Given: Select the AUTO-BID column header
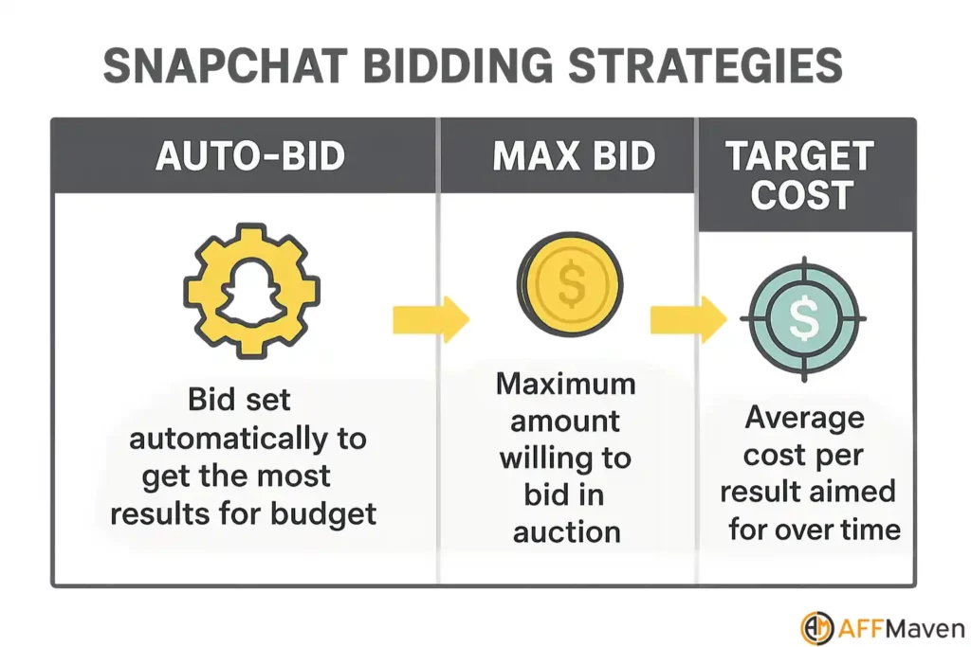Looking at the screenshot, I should (250, 156).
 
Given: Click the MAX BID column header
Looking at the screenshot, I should (574, 156).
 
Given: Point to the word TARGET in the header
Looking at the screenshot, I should (800, 156).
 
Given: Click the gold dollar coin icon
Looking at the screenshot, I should (570, 283).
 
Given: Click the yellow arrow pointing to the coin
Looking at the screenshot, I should (431, 320).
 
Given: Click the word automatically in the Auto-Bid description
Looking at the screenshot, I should (247, 438).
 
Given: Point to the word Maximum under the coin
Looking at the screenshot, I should (566, 384).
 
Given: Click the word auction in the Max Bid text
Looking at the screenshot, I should (567, 531).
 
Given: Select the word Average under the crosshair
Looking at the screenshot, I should (804, 418).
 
